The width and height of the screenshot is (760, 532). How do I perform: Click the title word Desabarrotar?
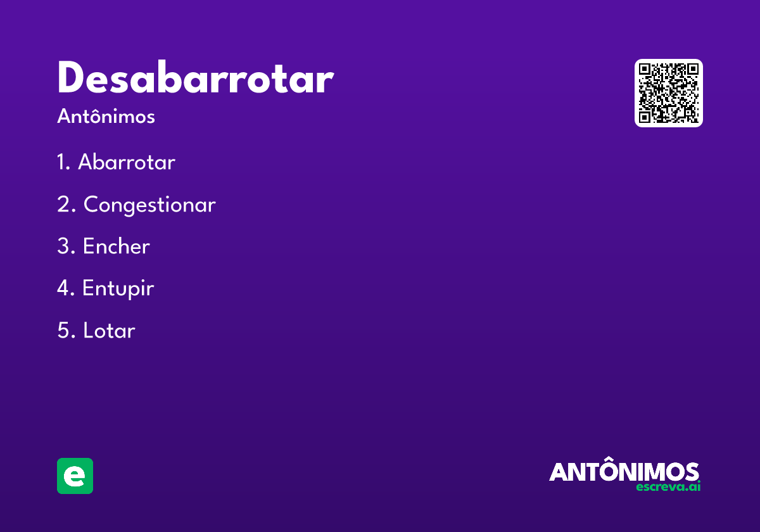pos(195,79)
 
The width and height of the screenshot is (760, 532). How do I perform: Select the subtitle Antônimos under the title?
pos(106,117)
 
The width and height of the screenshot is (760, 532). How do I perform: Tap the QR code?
pos(668,93)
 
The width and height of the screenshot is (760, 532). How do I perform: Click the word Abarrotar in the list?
pos(127,163)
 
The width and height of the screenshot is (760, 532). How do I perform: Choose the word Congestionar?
pos(149,205)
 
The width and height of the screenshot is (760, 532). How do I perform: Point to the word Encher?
pos(117,246)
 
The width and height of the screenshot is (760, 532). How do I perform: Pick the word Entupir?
pos(118,289)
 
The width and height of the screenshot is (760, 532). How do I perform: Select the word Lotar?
pos(109,331)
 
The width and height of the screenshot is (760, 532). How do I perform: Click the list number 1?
pos(61,163)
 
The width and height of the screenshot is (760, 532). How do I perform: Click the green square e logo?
pos(75,476)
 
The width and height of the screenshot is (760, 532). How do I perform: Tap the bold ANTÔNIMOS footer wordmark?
pos(624,472)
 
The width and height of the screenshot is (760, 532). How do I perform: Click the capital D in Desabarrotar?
pos(72,79)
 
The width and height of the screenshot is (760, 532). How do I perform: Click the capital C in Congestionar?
pos(92,205)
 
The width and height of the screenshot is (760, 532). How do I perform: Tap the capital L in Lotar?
pos(87,331)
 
